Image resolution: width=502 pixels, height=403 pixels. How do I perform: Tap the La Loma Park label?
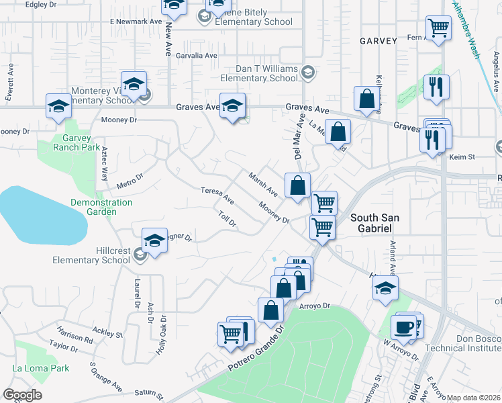tap(40, 368)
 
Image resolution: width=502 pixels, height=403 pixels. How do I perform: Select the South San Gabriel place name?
tap(370, 223)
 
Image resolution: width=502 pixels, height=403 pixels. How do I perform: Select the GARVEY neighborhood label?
tap(379, 40)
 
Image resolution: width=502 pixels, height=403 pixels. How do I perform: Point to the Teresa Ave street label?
tap(217, 195)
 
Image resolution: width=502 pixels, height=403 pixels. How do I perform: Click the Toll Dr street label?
tap(228, 219)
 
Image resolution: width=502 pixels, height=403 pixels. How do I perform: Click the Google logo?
tap(22, 395)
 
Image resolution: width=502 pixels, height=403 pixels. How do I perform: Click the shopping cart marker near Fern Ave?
tap(438, 28)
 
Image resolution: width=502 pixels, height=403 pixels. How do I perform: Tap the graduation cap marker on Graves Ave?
tap(233, 105)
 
